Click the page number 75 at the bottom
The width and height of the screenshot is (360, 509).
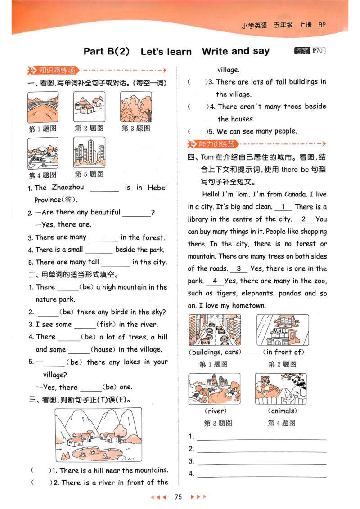point(178,497)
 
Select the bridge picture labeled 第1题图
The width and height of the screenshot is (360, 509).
point(43,107)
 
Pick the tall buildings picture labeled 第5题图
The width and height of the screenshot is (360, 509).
point(89,152)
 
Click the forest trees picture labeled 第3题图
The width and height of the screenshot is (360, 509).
point(136,107)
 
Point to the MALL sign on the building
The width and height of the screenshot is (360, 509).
point(280,332)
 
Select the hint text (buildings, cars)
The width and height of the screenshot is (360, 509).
point(215,352)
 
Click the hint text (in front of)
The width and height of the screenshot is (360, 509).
point(283,352)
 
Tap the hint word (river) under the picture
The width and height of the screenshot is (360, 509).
point(215,411)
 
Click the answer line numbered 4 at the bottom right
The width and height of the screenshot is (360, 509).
point(261,473)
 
